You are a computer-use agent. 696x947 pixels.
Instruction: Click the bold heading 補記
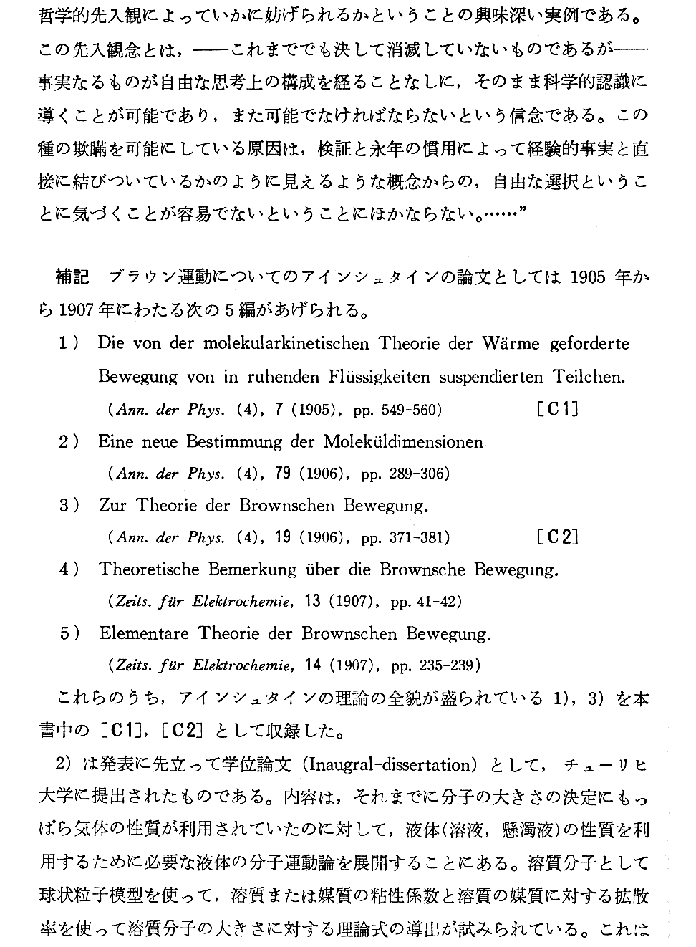click(73, 277)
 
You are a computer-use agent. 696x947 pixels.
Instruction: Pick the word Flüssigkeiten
click(381, 377)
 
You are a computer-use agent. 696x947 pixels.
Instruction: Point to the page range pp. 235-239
click(435, 665)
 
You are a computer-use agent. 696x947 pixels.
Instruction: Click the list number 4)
click(69, 570)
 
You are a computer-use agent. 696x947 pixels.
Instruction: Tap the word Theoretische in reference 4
click(151, 570)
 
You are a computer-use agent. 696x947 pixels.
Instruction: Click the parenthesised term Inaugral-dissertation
click(390, 764)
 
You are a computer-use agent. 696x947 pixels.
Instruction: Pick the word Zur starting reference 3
click(113, 506)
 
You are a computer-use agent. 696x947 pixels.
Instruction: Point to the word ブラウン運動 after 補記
click(153, 277)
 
